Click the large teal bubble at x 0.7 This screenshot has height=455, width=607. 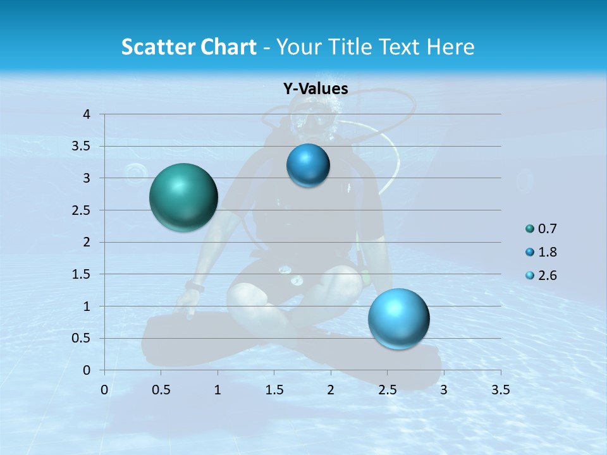coord(184,197)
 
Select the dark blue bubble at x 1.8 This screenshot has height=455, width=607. coord(308,166)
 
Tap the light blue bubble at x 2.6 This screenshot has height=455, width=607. coord(398,318)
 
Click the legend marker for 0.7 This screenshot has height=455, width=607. coord(529,229)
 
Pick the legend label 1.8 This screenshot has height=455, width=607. coord(548,252)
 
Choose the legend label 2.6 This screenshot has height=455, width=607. coord(548,276)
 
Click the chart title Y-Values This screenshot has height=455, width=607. coord(315,89)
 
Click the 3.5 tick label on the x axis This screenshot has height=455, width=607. coord(500,390)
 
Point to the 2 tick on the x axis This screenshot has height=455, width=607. coord(331,390)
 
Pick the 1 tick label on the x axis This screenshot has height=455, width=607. coord(218,390)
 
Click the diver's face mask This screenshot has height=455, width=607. coord(311,119)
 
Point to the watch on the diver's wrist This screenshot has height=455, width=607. coord(195,288)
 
